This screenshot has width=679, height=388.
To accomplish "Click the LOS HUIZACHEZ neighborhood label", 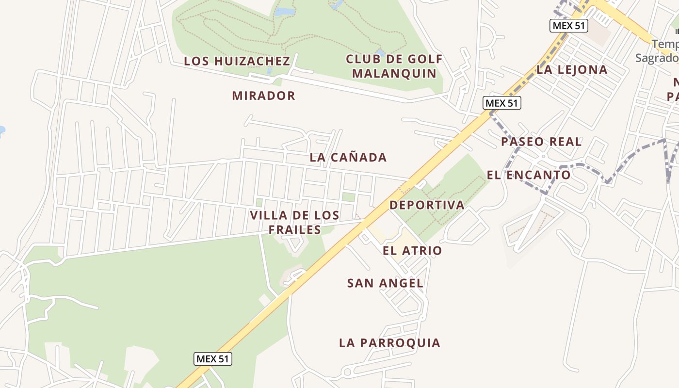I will tap(237, 61).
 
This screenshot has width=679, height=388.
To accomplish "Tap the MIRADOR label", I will tap(263, 96).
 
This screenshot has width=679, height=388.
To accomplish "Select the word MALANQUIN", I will tap(394, 73).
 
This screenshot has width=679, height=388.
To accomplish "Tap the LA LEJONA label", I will tap(572, 69).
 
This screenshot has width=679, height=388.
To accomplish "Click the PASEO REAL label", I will tap(541, 142).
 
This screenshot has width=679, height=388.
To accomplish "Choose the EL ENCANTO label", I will tap(529, 175).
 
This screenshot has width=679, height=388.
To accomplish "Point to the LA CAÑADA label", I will tap(348, 157).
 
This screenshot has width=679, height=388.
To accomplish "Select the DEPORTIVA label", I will tap(427, 205).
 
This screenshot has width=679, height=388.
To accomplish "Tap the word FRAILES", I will tap(295, 229).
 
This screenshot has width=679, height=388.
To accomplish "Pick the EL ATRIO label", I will tap(412, 251).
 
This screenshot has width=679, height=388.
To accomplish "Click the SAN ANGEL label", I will tap(385, 283).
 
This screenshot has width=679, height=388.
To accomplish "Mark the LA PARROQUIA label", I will tap(389, 343).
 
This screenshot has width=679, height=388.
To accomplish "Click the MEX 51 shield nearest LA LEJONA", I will tap(568, 26).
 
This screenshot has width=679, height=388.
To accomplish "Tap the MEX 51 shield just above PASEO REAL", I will tap(502, 103).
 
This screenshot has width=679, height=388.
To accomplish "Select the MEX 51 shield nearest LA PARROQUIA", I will tap(213, 359).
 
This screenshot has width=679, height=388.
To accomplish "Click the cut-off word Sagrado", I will tap(657, 58).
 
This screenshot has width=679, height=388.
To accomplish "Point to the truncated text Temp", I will tap(665, 44).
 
